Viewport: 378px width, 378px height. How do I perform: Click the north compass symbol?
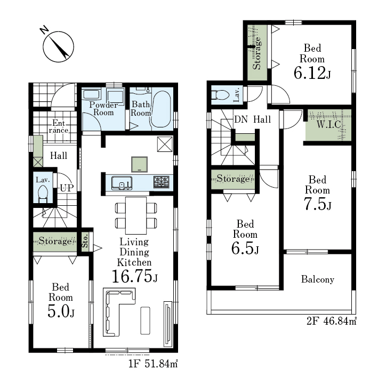[x=58, y=46]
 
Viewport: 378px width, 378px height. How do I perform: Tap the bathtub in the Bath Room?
[x=161, y=109]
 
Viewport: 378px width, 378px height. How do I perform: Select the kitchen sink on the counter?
[x=122, y=183]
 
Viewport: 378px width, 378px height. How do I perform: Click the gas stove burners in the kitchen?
[x=162, y=182]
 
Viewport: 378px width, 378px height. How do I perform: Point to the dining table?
[x=136, y=215]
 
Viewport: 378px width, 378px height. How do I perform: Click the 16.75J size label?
[x=134, y=276]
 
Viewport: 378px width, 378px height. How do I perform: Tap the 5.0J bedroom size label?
[x=61, y=311]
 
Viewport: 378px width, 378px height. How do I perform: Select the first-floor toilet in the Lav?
[x=43, y=194]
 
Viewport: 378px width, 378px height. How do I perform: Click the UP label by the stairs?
[x=67, y=188]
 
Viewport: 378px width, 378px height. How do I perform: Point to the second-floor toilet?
[x=220, y=95]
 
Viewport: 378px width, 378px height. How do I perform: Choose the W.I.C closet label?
[x=328, y=124]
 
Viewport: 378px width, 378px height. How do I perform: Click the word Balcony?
[x=318, y=279]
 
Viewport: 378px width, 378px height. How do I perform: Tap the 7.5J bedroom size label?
[x=317, y=204]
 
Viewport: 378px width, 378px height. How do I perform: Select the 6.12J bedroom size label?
[x=312, y=73]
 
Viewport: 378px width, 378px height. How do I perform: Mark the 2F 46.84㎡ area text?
[x=331, y=321]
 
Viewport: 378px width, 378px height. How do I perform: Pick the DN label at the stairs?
[x=241, y=119]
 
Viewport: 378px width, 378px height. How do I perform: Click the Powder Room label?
[x=103, y=108]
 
